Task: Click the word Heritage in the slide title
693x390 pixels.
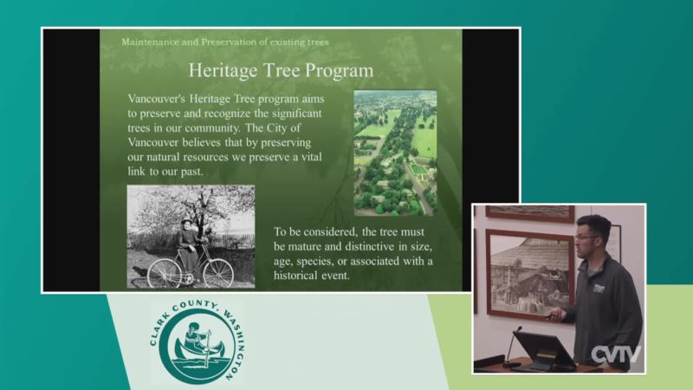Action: pos(223,71)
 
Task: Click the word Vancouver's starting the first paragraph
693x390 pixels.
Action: pos(157,99)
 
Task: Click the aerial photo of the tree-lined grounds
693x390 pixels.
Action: pos(395,153)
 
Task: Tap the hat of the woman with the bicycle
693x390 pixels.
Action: pos(186,221)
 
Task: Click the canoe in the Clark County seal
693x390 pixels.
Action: pos(200,351)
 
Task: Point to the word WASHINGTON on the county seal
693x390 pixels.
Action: pos(236,343)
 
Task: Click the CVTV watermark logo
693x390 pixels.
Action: pos(616,354)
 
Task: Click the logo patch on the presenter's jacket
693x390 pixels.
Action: pos(599,289)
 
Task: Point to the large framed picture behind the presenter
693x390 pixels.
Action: pos(530,273)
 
